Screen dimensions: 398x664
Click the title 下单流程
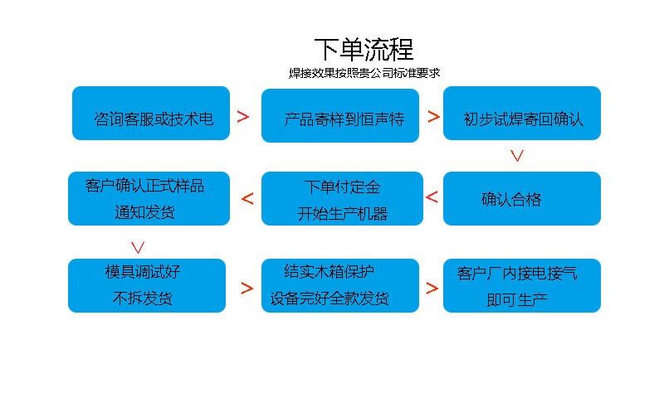coord(364,49)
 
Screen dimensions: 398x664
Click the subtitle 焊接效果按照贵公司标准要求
coord(364,73)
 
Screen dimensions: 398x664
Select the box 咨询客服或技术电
coord(151,114)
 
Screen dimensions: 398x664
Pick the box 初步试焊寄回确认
coord(521,114)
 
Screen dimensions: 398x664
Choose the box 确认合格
coord(521,199)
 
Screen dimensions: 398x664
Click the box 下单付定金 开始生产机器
coord(340,199)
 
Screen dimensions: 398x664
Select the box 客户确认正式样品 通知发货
coord(147,199)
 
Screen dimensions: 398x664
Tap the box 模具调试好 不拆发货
coord(147,285)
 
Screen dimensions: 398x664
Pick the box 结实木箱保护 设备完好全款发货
coord(340,285)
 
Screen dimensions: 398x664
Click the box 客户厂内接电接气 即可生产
coord(521,285)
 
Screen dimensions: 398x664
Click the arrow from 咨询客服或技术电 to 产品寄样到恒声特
coord(243,117)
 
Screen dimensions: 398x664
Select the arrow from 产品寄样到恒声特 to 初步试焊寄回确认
coord(433,117)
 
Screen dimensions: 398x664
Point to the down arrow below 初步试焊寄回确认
coord(517,155)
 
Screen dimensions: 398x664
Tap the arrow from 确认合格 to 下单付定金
coord(432,197)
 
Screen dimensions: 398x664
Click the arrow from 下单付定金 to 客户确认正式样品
coord(247,198)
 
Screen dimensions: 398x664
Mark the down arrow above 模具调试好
coord(139,247)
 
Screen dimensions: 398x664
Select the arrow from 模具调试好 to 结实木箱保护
coord(247,289)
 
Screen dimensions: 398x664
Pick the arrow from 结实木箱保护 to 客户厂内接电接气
coord(432,289)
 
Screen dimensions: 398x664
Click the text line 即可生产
coord(517,298)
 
